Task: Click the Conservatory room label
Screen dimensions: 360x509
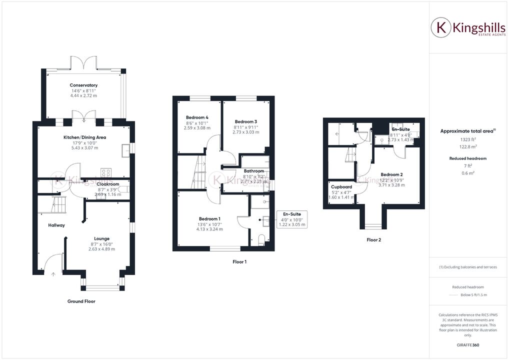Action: pyautogui.click(x=83, y=85)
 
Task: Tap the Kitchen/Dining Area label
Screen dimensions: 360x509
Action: pyautogui.click(x=84, y=137)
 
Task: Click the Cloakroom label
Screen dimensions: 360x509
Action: pyautogui.click(x=107, y=184)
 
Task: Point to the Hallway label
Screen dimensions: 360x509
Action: pyautogui.click(x=56, y=225)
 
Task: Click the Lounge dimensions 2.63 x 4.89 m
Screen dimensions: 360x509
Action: pyautogui.click(x=101, y=249)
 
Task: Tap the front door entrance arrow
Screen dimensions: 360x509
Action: pyautogui.click(x=53, y=274)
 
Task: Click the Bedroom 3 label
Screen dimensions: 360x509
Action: pyautogui.click(x=246, y=122)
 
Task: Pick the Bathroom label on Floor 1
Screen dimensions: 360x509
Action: pyautogui.click(x=253, y=171)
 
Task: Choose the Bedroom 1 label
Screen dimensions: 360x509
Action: pyautogui.click(x=210, y=219)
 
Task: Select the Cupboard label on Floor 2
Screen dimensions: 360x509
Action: pyautogui.click(x=341, y=186)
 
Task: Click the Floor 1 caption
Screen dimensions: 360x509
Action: pyautogui.click(x=239, y=261)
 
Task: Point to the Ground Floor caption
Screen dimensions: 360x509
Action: pyautogui.click(x=81, y=301)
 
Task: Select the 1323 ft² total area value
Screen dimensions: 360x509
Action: pyautogui.click(x=467, y=139)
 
